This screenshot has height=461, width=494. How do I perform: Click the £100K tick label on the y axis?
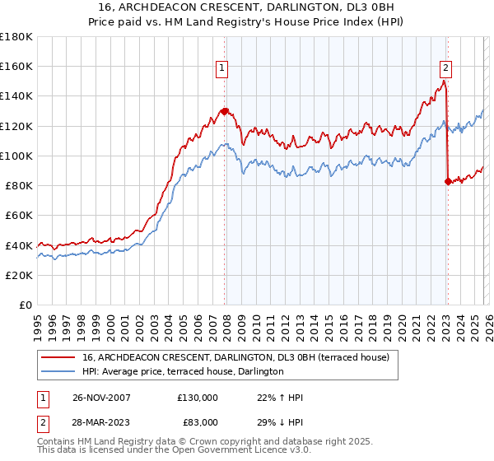16,156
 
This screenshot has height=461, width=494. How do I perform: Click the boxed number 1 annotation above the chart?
222,68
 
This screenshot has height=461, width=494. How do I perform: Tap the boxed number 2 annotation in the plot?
445,68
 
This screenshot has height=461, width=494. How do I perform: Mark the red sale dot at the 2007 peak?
224,110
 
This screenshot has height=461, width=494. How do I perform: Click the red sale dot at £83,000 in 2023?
448,181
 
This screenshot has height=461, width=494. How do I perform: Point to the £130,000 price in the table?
198,398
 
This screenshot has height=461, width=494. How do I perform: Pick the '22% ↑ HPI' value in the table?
280,398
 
